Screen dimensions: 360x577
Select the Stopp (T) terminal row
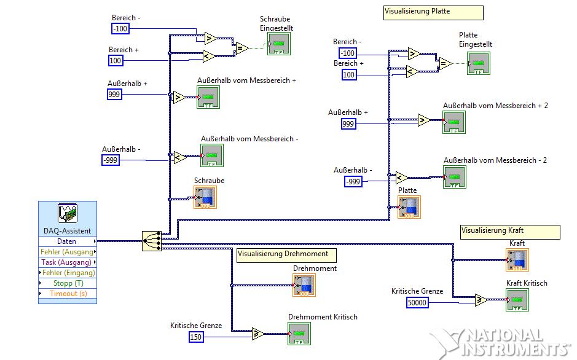(67, 283)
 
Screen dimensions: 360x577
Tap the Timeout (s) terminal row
(67, 293)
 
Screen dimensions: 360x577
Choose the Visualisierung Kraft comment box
(510, 231)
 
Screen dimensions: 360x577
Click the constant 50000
(417, 302)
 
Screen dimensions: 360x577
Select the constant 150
(195, 337)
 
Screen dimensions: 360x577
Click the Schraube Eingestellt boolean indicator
(278, 44)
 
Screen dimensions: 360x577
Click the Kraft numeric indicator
(517, 260)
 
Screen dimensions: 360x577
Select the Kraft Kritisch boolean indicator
(517, 300)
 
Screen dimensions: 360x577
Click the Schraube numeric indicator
(205, 198)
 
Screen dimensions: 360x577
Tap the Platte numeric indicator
(409, 207)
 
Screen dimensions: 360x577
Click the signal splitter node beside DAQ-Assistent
(151, 241)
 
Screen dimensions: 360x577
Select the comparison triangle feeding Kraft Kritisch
(481, 300)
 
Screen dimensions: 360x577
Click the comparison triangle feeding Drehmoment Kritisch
(258, 334)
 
